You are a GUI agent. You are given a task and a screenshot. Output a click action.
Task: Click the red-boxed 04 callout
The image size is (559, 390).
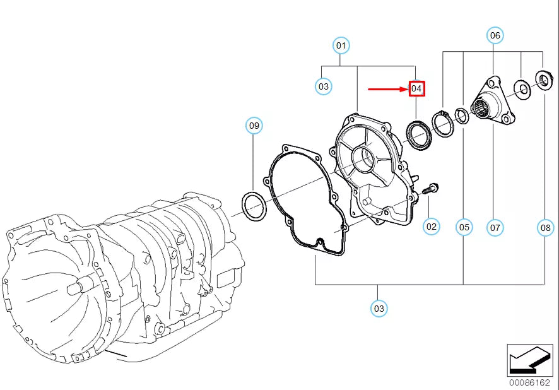click(x=416, y=89)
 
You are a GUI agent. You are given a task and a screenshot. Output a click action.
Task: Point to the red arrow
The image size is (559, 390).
click(x=388, y=89)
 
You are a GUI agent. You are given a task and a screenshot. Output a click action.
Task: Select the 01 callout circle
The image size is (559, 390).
click(x=341, y=45)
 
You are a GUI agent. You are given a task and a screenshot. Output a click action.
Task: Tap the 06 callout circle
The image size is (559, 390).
click(x=495, y=35)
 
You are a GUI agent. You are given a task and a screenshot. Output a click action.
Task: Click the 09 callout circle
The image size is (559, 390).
click(x=254, y=126)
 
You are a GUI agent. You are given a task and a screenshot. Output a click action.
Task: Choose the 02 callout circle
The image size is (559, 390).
click(x=431, y=225)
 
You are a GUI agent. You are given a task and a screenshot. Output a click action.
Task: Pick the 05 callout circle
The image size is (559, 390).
click(x=464, y=227)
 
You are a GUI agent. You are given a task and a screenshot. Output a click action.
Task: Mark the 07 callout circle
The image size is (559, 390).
click(x=495, y=227)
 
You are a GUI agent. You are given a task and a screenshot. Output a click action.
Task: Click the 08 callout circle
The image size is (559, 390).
click(x=545, y=227)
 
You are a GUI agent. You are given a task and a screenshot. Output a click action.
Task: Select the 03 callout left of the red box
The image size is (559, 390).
click(x=323, y=86)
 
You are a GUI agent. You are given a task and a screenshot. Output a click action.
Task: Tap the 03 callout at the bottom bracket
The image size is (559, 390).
click(x=378, y=308)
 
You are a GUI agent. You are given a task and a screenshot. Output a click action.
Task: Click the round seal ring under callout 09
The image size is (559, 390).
click(x=254, y=207)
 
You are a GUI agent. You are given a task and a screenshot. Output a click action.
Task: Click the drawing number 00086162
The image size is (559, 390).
click(x=529, y=382)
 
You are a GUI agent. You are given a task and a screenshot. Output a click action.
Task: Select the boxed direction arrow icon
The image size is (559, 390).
click(x=529, y=360)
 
